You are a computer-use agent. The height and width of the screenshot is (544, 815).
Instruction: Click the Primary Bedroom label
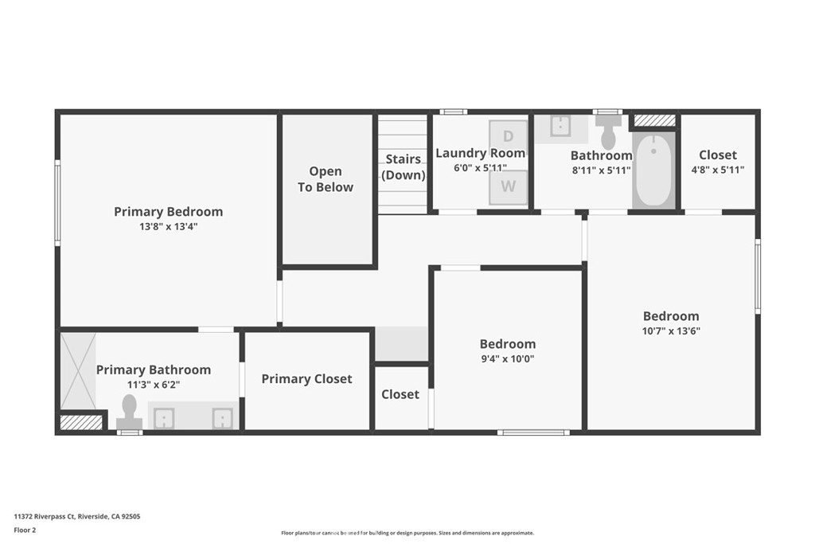coord(168,212)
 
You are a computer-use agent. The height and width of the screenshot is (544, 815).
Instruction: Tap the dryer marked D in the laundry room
coord(508,136)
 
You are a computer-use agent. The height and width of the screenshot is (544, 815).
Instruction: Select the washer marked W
coord(508,186)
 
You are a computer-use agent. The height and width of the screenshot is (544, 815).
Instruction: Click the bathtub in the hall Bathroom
coord(653,170)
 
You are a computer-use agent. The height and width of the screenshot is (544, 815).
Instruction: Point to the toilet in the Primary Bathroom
coord(129,413)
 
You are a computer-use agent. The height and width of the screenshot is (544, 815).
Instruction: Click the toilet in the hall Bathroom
coord(609,131)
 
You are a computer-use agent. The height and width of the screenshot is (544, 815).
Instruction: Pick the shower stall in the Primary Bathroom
coord(78,371)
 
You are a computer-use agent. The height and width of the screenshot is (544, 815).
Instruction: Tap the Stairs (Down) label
coord(404,167)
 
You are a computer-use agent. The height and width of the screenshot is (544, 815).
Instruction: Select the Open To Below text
coord(326,179)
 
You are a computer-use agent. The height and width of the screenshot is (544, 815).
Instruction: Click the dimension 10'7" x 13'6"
coord(671,331)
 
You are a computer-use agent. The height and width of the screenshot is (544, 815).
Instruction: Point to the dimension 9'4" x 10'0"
coord(507,359)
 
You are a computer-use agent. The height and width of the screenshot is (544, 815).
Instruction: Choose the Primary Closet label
coord(306,379)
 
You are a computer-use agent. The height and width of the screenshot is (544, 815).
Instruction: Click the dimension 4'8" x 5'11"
coord(717,170)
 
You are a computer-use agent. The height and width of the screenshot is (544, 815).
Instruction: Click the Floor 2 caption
coord(25,530)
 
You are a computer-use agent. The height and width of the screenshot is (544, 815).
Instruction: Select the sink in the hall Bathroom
coord(560,127)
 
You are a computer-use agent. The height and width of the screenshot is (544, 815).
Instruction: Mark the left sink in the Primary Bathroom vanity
coord(165,418)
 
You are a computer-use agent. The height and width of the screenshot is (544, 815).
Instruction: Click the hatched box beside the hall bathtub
coord(654,120)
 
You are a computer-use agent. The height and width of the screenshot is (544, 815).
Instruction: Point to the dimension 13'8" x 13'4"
coord(168,227)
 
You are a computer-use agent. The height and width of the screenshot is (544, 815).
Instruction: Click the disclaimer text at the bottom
coord(407,533)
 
